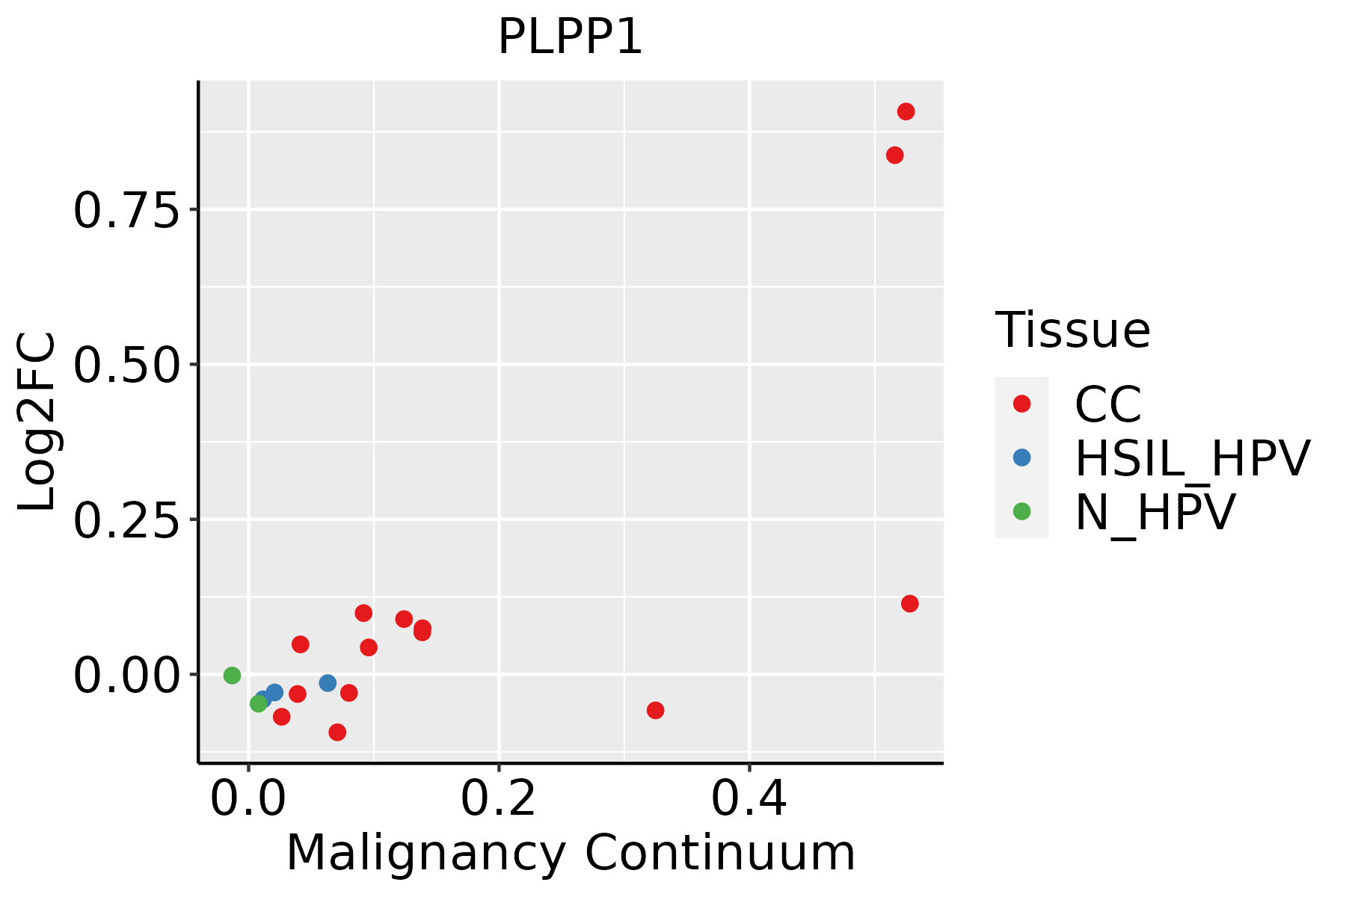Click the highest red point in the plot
tap(906, 112)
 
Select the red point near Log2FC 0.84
tap(894, 155)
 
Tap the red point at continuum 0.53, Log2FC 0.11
tap(909, 604)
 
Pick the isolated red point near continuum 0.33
tap(655, 710)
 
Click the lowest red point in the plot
tap(337, 732)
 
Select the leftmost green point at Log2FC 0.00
tap(232, 676)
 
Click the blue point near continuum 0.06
tap(328, 683)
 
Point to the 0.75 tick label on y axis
tap(126, 211)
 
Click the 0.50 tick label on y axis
tap(126, 366)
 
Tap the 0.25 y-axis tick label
tap(126, 520)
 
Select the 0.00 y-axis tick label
tap(126, 676)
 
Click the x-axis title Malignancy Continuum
tap(571, 854)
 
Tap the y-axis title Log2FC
tap(37, 422)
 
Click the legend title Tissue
tap(1072, 330)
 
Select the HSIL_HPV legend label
tap(1192, 458)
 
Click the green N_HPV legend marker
tap(1021, 511)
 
